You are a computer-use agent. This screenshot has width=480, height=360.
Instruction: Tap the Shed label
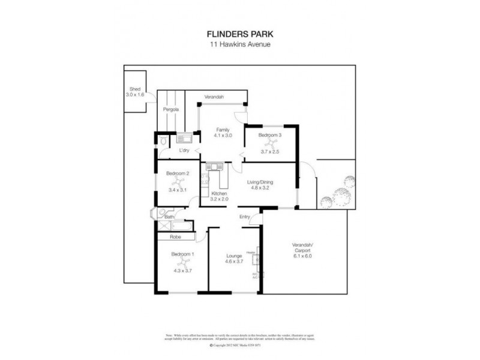(x=135, y=89)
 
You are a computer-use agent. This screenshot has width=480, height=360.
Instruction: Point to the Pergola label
(x=171, y=110)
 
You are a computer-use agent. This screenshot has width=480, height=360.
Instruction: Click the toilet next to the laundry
(x=163, y=142)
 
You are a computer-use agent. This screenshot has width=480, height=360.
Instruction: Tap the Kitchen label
(x=220, y=193)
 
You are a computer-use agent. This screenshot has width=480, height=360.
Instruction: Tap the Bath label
(x=170, y=217)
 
